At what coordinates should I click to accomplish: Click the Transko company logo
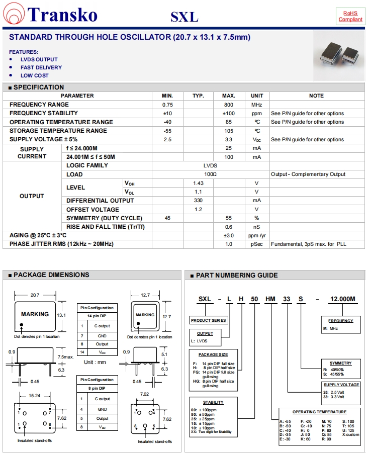pyautogui.click(x=50, y=15)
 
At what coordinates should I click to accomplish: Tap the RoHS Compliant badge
pyautogui.click(x=350, y=16)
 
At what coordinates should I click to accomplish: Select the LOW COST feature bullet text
pyautogui.click(x=35, y=75)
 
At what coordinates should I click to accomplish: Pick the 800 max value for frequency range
pyautogui.click(x=229, y=105)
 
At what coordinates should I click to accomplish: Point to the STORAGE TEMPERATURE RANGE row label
pyautogui.click(x=58, y=131)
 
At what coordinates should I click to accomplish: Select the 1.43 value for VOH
pyautogui.click(x=198, y=183)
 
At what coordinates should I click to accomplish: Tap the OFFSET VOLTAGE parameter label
pyautogui.click(x=93, y=209)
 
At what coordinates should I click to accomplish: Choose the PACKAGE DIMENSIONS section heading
pyautogui.click(x=51, y=275)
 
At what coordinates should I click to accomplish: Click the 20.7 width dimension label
pyautogui.click(x=35, y=295)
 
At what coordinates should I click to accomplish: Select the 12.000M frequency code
pyautogui.click(x=342, y=299)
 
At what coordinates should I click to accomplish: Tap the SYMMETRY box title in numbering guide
pyautogui.click(x=340, y=363)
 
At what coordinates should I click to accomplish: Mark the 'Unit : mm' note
pyautogui.click(x=95, y=362)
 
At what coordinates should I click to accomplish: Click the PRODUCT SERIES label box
pyautogui.click(x=209, y=320)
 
